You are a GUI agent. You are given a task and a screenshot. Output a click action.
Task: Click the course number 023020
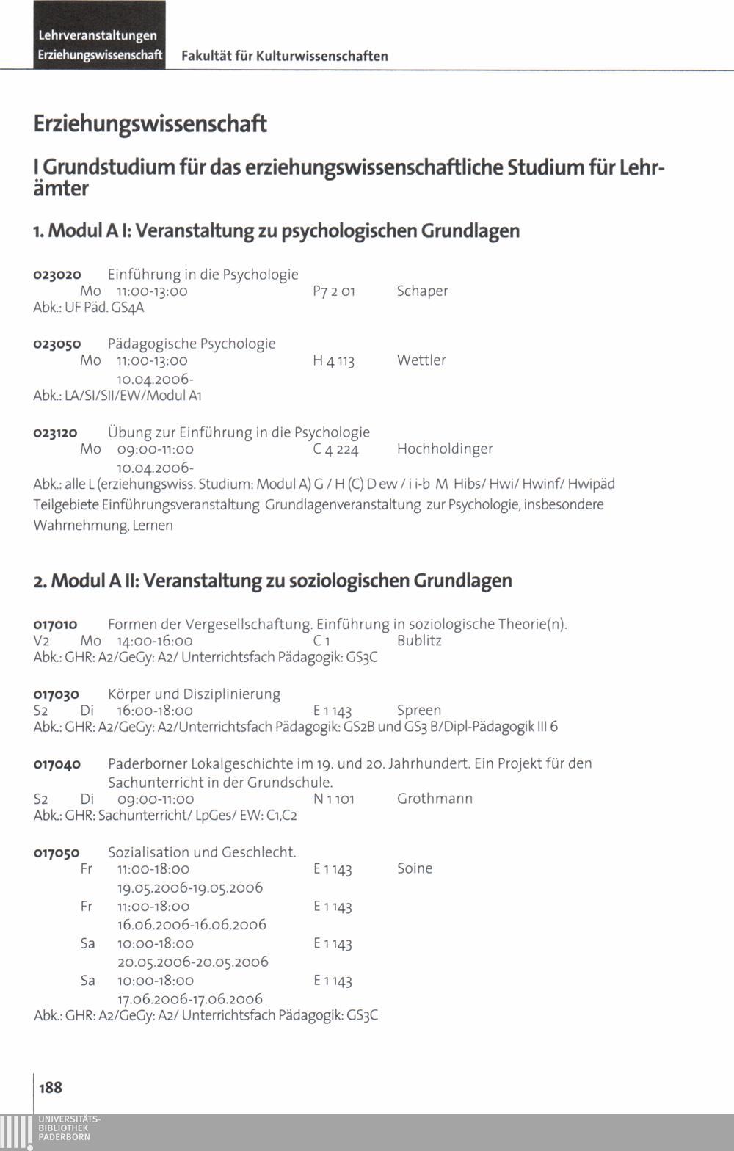click(x=57, y=275)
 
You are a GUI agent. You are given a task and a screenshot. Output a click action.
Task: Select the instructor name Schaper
click(x=422, y=291)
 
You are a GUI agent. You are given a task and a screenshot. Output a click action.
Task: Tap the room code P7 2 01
click(x=334, y=291)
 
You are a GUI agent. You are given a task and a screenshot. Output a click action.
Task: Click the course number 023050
click(x=57, y=344)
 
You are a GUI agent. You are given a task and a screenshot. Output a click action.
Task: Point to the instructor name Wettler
click(x=421, y=360)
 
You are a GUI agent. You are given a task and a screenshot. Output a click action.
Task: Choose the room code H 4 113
click(x=333, y=361)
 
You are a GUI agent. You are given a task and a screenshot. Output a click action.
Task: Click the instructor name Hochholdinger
click(x=445, y=449)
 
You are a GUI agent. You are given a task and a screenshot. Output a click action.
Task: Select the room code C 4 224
click(x=335, y=449)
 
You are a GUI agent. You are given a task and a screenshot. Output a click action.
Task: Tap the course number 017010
click(x=56, y=625)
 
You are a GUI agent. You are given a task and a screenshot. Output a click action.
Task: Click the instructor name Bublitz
click(x=419, y=640)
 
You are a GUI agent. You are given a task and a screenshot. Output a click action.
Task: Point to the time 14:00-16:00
click(x=155, y=641)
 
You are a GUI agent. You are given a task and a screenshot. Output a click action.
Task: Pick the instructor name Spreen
click(x=419, y=711)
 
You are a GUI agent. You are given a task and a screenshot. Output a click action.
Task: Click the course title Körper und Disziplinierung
click(x=194, y=694)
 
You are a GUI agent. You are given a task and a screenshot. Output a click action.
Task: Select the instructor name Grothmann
click(x=435, y=799)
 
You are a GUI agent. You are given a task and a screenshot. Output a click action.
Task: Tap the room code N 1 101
click(x=333, y=799)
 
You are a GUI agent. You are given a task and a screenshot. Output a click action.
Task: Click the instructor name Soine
click(x=415, y=868)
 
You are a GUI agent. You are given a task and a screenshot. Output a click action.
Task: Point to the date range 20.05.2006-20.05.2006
click(x=193, y=962)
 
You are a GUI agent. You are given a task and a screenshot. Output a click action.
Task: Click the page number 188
click(x=51, y=1087)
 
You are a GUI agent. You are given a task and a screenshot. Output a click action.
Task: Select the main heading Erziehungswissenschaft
click(x=150, y=124)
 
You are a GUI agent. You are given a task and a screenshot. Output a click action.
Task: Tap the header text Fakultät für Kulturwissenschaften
click(x=285, y=56)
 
